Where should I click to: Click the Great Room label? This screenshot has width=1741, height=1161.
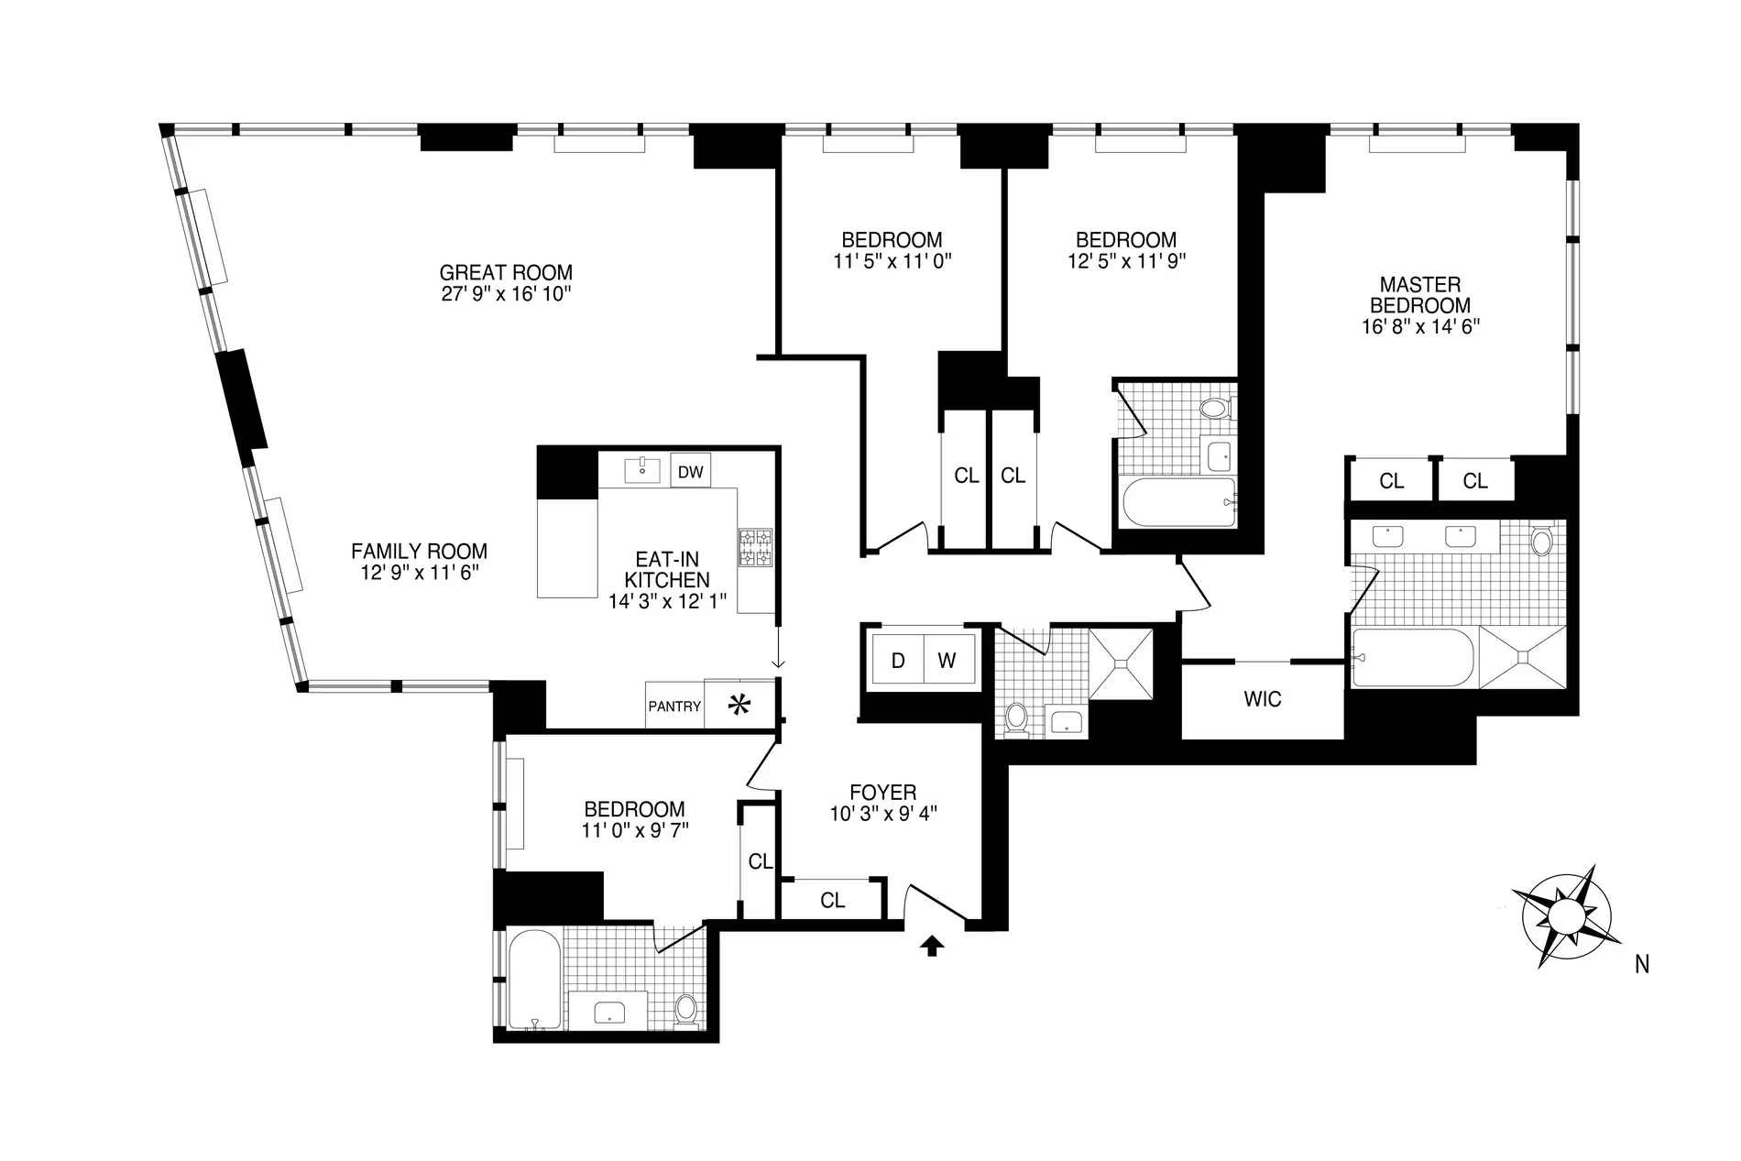[506, 272]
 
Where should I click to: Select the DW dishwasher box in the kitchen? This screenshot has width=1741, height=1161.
[691, 472]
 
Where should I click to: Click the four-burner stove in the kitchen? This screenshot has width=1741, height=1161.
[756, 547]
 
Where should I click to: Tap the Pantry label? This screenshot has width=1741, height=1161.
[674, 706]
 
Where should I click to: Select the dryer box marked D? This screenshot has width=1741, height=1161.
[898, 660]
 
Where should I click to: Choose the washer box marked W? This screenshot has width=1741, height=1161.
[947, 660]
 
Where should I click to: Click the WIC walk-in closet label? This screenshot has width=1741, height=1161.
[1263, 699]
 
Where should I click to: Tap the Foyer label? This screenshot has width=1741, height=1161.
[883, 793]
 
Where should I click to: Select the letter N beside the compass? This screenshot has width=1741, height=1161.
[1642, 964]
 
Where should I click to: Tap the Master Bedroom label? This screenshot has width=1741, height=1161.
[1421, 295]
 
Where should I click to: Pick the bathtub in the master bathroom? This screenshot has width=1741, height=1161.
[1415, 657]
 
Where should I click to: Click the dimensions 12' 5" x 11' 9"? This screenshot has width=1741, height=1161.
[1127, 260]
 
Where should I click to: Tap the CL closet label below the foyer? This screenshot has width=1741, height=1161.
[833, 901]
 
